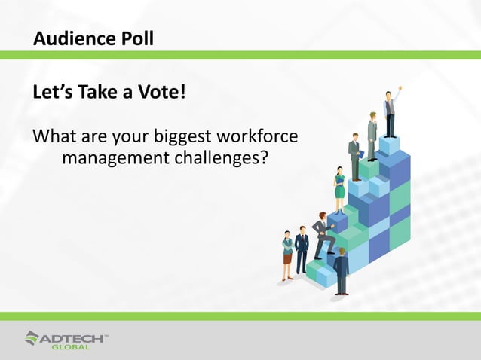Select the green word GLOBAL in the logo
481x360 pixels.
[x=71, y=347]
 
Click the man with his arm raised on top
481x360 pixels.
[x=390, y=113]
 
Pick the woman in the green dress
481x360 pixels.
[x=339, y=189]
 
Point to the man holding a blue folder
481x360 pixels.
[x=355, y=156]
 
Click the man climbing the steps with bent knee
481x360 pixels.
[x=324, y=234]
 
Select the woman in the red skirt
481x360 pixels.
[x=287, y=255]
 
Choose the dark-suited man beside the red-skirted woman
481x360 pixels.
[x=302, y=250]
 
